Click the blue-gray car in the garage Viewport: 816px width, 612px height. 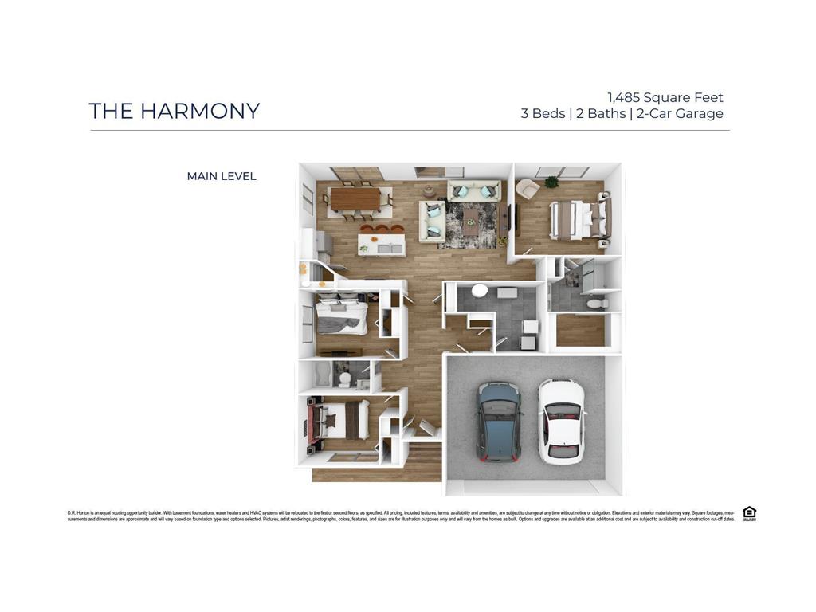(x=499, y=421)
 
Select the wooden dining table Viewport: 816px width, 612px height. (x=355, y=199)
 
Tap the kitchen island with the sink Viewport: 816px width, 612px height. (x=381, y=244)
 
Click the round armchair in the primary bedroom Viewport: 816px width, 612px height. (x=526, y=189)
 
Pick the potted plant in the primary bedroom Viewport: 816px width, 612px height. (x=551, y=182)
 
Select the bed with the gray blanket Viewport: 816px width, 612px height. (x=341, y=318)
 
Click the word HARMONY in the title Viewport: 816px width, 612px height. (x=200, y=111)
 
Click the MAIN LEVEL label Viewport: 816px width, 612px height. (x=222, y=176)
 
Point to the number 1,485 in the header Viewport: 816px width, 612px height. (x=624, y=97)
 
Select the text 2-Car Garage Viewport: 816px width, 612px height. (x=680, y=113)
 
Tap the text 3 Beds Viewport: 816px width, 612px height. (x=543, y=113)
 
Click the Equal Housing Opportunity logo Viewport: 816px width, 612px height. (x=749, y=513)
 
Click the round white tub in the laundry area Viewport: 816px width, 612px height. (x=480, y=291)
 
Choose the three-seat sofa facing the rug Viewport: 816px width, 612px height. (x=473, y=190)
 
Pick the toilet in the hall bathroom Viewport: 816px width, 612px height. (x=344, y=378)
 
